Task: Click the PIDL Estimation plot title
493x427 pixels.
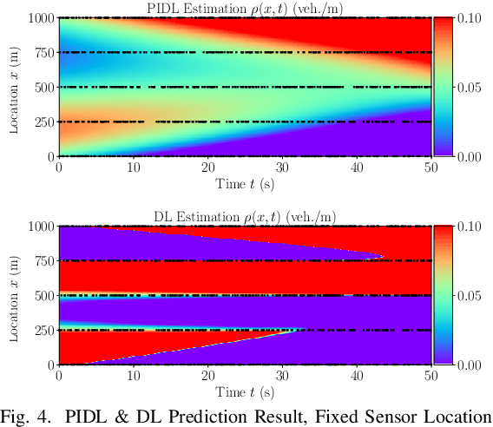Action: (245, 9)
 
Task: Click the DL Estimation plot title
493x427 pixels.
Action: (245, 217)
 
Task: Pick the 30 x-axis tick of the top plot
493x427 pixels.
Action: (282, 168)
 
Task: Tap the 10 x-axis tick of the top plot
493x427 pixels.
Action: (133, 168)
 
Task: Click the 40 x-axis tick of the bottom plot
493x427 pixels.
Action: (357, 376)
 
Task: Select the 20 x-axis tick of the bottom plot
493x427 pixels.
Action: (207, 376)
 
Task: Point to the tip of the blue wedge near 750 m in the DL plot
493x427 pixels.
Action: (384, 257)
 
